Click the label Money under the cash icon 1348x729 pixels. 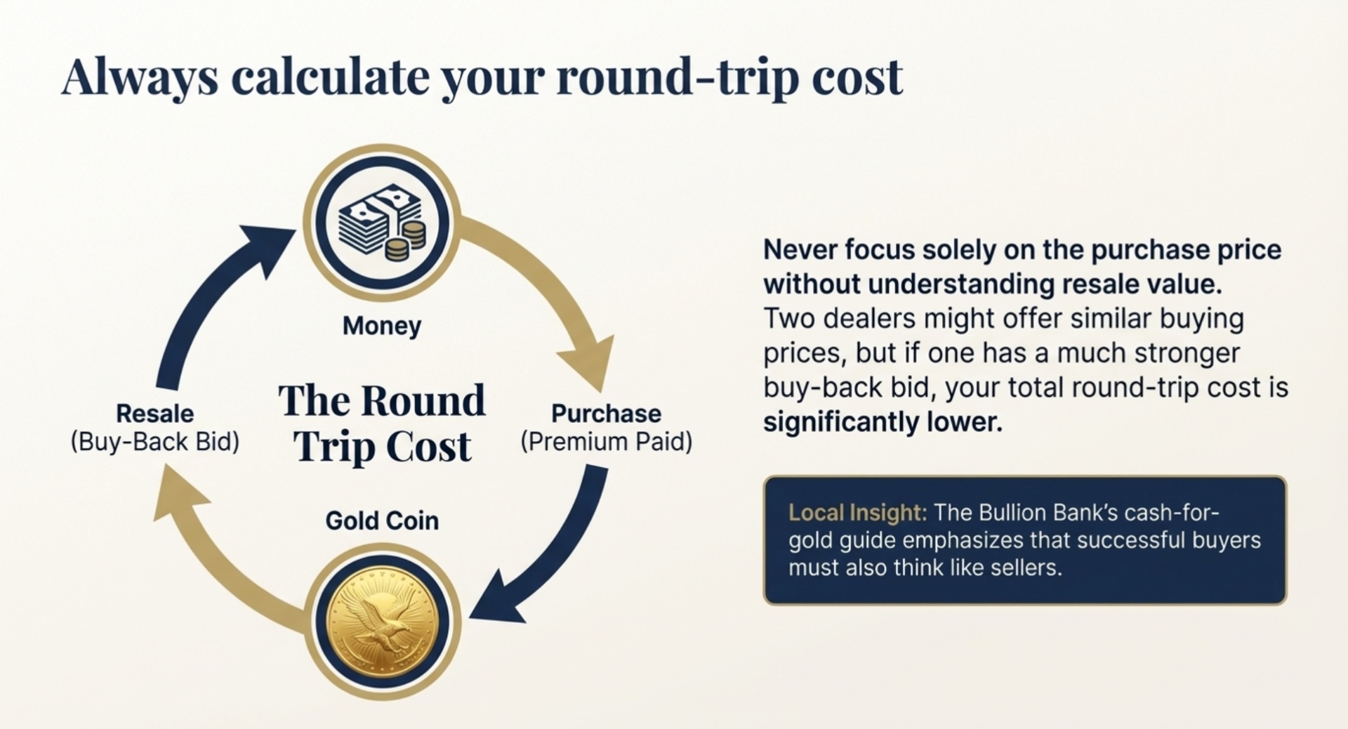[382, 326]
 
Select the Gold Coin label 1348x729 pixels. [382, 520]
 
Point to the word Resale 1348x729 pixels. [154, 413]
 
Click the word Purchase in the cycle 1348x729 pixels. [606, 413]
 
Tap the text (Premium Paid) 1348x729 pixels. [606, 442]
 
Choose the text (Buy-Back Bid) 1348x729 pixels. [154, 442]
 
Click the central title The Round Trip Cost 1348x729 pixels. [382, 423]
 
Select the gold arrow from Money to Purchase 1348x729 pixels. [555, 288]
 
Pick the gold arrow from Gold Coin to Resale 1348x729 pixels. [211, 555]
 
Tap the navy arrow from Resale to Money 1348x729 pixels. [204, 295]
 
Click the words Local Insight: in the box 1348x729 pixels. [857, 513]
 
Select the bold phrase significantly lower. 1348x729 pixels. [883, 422]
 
